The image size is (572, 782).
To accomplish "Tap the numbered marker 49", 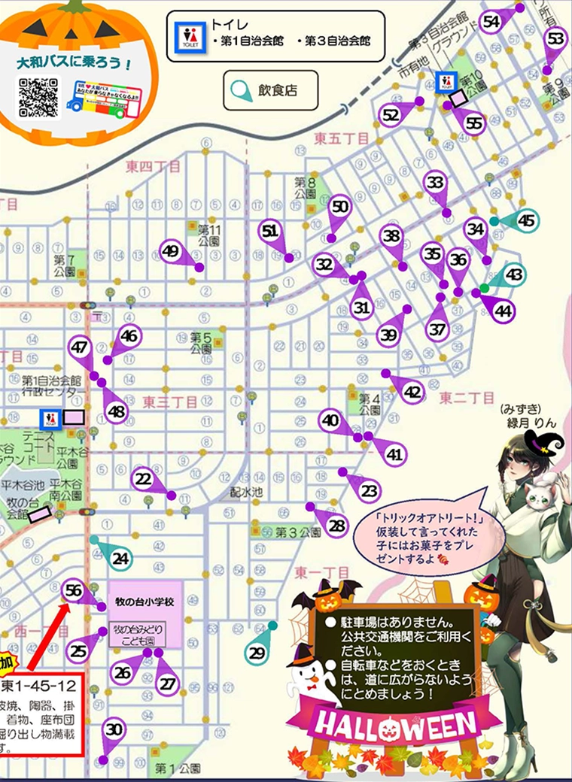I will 171,251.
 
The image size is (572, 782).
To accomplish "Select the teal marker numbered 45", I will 526,220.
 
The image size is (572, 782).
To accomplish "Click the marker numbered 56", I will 73,591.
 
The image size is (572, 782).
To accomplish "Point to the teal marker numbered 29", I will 257,653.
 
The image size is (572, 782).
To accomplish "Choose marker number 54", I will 492,22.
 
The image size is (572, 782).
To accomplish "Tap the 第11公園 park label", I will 208,235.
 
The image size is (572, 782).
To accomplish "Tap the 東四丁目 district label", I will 154,166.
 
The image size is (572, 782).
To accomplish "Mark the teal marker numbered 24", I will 120,557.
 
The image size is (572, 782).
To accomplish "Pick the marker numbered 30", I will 114,729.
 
